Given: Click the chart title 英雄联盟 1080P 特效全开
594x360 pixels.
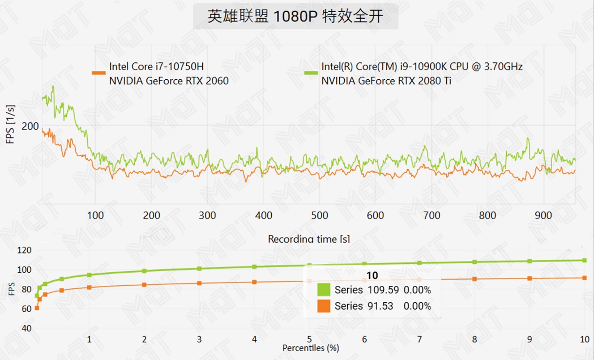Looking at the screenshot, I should [x=296, y=16].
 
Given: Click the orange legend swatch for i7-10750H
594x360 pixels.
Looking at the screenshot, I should [x=99, y=73].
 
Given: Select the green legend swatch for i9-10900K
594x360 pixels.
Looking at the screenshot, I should [x=311, y=73].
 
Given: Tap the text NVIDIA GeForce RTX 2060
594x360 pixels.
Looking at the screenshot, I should [x=169, y=81].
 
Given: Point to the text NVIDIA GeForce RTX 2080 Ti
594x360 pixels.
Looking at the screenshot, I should [x=386, y=81].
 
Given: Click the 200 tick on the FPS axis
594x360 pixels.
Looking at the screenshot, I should [x=30, y=126].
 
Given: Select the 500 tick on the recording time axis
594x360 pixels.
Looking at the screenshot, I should [x=320, y=215].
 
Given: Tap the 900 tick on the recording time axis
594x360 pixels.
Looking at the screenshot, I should [x=543, y=215].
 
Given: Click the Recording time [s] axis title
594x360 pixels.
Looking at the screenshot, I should [x=308, y=239].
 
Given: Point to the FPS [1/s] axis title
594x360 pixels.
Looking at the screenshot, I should [x=10, y=124].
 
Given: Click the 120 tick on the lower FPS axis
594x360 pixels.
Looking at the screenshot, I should [x=24, y=250].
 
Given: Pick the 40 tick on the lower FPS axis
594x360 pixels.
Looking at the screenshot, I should [x=26, y=328].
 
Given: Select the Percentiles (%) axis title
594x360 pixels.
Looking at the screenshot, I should [x=310, y=348].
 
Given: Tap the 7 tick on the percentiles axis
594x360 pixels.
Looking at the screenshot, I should [x=419, y=339].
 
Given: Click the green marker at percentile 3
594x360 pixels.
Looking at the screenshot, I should [x=199, y=268].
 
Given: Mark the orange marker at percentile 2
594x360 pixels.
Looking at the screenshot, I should [x=144, y=285].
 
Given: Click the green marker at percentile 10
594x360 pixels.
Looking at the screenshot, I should [x=585, y=260].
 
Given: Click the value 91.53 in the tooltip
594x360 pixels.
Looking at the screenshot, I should [x=380, y=306].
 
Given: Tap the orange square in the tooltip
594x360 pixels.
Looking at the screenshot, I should [x=324, y=306].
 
